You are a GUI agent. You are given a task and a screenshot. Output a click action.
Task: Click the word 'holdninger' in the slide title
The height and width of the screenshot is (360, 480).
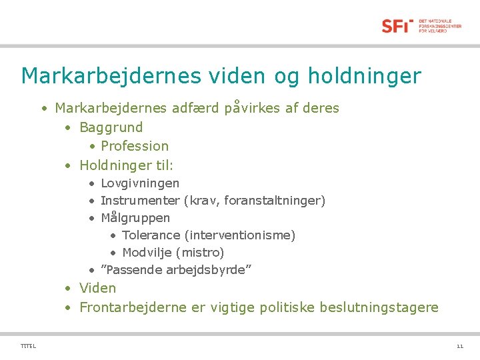tap(364, 76)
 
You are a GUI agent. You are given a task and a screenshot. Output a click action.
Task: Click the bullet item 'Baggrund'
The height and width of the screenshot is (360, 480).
tap(111, 127)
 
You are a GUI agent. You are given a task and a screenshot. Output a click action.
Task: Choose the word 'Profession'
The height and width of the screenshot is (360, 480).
tap(135, 146)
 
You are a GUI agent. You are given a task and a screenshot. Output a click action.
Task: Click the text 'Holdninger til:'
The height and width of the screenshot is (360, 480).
tap(126, 165)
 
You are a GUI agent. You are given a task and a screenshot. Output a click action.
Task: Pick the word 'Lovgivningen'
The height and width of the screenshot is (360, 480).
tap(140, 183)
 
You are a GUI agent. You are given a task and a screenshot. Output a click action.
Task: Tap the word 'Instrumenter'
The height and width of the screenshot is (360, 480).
tap(140, 201)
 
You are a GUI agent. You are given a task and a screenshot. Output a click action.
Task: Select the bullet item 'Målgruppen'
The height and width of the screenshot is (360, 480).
tap(135, 218)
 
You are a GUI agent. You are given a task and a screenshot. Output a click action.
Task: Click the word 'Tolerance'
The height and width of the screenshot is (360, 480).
tap(151, 235)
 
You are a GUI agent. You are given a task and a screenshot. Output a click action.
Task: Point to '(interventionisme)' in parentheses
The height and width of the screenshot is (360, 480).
tap(240, 235)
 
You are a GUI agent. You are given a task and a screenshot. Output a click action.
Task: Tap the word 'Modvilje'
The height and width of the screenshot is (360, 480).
tap(147, 253)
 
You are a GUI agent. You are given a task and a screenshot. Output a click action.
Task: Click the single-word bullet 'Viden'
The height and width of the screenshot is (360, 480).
tap(97, 288)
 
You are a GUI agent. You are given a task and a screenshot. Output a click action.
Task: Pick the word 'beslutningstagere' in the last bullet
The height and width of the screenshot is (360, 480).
tap(379, 307)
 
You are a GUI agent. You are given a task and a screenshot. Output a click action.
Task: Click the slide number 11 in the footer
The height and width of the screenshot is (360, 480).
tap(459, 346)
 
